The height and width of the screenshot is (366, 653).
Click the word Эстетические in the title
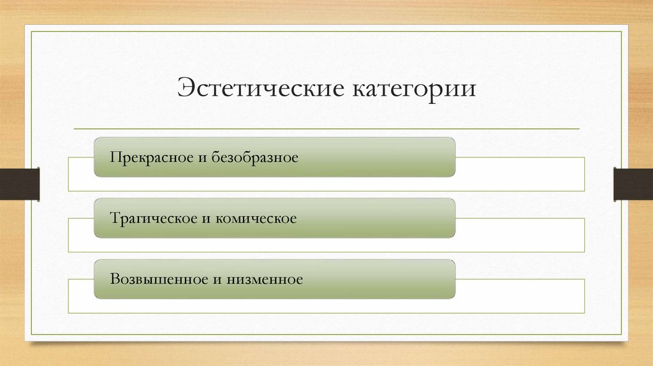coord(258,88)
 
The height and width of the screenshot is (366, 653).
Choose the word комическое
coord(255,218)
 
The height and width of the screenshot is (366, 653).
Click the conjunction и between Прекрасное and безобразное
coord(200,157)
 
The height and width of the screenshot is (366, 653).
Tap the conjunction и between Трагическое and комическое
coord(205,218)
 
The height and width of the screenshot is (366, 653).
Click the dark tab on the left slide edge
coord(19,184)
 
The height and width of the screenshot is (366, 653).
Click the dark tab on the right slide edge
coord(633,184)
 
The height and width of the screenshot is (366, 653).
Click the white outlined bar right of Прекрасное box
coord(520,174)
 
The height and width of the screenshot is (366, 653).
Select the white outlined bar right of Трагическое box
coord(520,235)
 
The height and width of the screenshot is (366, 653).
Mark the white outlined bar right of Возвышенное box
coord(520,296)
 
